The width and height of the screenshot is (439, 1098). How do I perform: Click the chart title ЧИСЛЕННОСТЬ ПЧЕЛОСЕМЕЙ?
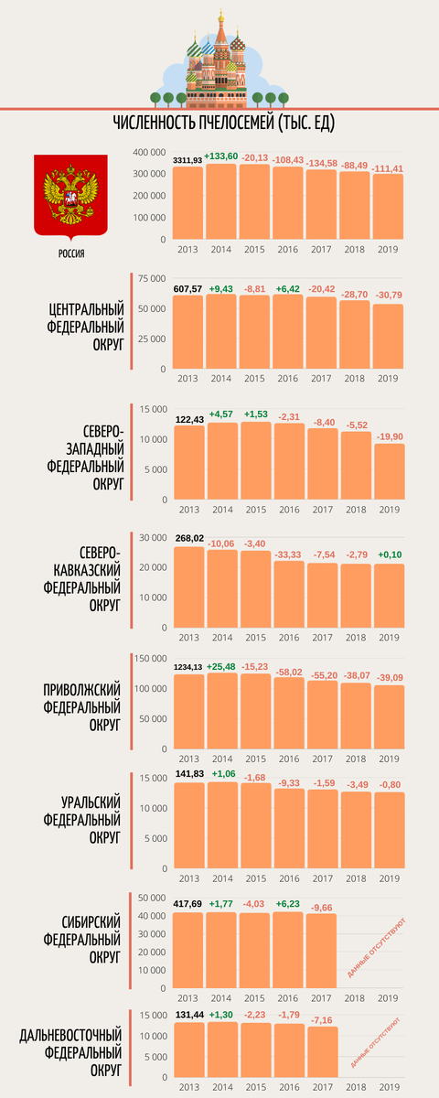pyautogui.click(x=219, y=124)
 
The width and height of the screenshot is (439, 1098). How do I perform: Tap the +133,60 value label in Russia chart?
pyautogui.click(x=222, y=156)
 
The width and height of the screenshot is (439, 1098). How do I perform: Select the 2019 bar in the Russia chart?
pyautogui.click(x=388, y=207)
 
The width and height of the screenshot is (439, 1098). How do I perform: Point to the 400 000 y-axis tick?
pyautogui.click(x=148, y=153)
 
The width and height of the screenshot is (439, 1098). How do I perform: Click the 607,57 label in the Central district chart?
pyautogui.click(x=188, y=288)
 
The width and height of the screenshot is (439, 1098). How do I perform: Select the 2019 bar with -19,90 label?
pyautogui.click(x=388, y=471)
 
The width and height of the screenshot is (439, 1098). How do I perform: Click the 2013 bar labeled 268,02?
pyautogui.click(x=188, y=587)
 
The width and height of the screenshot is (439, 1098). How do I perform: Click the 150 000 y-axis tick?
pyautogui.click(x=148, y=659)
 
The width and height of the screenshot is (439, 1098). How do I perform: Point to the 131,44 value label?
pyautogui.click(x=188, y=1014)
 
